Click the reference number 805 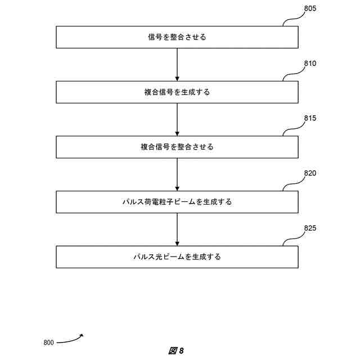[x=310, y=9]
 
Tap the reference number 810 [x=310, y=64]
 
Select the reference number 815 [x=310, y=119]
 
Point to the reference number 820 [x=310, y=173]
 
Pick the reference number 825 [x=310, y=228]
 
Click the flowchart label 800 [x=48, y=343]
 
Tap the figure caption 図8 [x=176, y=351]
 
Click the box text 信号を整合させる [x=177, y=37]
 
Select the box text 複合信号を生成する [x=177, y=92]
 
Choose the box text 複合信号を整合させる [x=177, y=147]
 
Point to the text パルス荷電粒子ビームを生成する [x=177, y=202]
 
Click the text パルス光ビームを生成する [x=177, y=256]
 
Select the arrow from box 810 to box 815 [x=177, y=119]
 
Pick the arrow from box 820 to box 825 [x=177, y=229]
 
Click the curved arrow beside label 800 [x=70, y=339]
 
